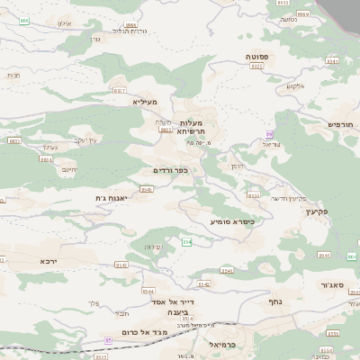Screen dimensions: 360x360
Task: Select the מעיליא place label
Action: click(x=145, y=102)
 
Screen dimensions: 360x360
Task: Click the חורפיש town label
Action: click(x=341, y=124)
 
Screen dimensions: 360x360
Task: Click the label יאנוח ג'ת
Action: click(x=112, y=197)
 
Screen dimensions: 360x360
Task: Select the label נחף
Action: click(x=276, y=301)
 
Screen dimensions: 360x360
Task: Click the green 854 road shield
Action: click(x=187, y=242)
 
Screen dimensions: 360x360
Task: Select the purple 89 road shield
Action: click(x=268, y=133)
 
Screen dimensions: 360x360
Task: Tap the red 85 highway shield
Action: click(x=109, y=339)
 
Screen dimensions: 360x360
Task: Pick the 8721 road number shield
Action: click(x=257, y=66)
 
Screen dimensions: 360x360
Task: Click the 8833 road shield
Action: click(x=254, y=194)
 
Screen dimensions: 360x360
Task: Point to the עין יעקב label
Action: click(x=85, y=139)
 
